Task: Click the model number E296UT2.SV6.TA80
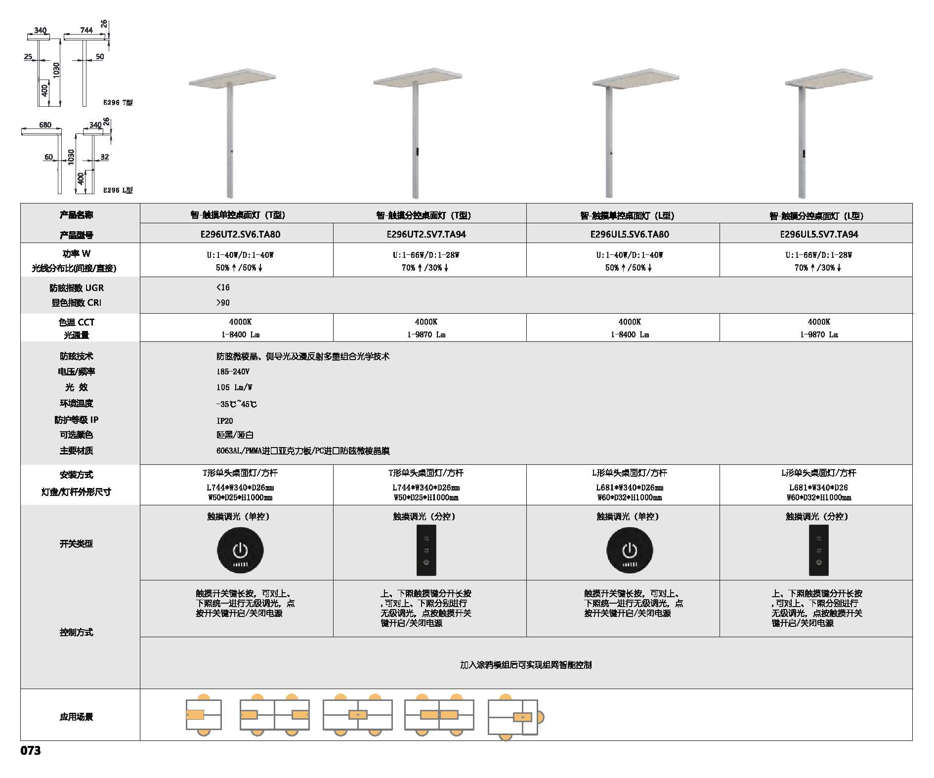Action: point(240,234)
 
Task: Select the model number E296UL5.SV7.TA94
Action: point(819,234)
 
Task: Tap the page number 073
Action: point(31,750)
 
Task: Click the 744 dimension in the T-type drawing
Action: point(86,30)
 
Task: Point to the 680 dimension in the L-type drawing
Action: point(45,124)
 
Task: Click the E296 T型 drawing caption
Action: point(118,102)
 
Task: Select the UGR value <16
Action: point(223,287)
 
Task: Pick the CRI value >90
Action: point(223,303)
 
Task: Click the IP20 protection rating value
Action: point(225,421)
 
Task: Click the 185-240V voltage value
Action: point(233,371)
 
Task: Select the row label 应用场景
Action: point(76,717)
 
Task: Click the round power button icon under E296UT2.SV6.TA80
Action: point(240,550)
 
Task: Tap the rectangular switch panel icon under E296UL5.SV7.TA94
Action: point(819,550)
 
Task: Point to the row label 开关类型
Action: point(76,543)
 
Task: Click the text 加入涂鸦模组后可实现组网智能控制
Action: point(526,665)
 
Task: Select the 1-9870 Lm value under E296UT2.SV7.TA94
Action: point(426,334)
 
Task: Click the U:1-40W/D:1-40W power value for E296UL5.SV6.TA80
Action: point(630,255)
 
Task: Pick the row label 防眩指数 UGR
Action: point(77,288)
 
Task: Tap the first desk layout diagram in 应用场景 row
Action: point(204,714)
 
